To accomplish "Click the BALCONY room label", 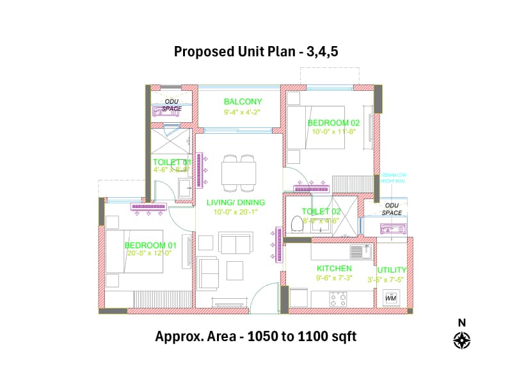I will [243, 101].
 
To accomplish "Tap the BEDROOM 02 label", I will [333, 122].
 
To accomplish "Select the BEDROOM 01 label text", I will [150, 245].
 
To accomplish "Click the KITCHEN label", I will [333, 268].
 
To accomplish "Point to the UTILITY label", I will [392, 270].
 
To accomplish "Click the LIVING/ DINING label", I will [236, 202].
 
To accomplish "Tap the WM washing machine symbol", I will [390, 298].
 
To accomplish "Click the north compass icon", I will [462, 339].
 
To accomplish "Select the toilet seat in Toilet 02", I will [296, 224].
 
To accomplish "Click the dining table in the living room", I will [239, 173].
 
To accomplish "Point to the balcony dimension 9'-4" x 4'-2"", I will [242, 112].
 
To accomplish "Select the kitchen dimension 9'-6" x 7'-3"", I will [333, 278].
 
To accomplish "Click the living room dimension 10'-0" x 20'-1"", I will [236, 212].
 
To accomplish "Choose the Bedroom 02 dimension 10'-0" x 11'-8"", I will [333, 132].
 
